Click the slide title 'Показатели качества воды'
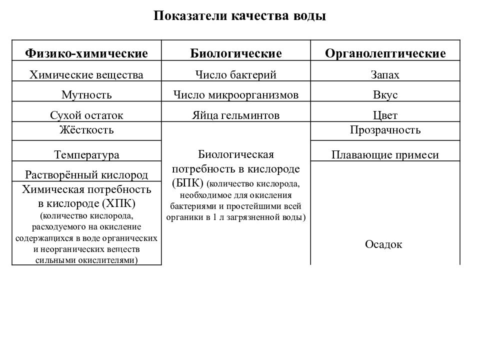(239, 16)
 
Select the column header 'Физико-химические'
(86, 53)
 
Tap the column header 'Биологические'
(236, 53)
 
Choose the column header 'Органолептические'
(385, 53)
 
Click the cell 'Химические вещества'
(86, 75)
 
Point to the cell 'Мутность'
(86, 95)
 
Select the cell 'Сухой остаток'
(86, 115)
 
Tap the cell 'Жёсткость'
(86, 130)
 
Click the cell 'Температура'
(86, 155)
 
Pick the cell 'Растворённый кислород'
(86, 175)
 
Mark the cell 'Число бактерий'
(236, 75)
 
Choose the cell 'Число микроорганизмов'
(236, 95)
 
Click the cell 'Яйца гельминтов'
(236, 115)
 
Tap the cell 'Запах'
(385, 75)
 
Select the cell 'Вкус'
(385, 95)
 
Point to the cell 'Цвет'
(385, 115)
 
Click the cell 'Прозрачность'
(385, 130)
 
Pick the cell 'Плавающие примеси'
(385, 155)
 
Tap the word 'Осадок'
(384, 244)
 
